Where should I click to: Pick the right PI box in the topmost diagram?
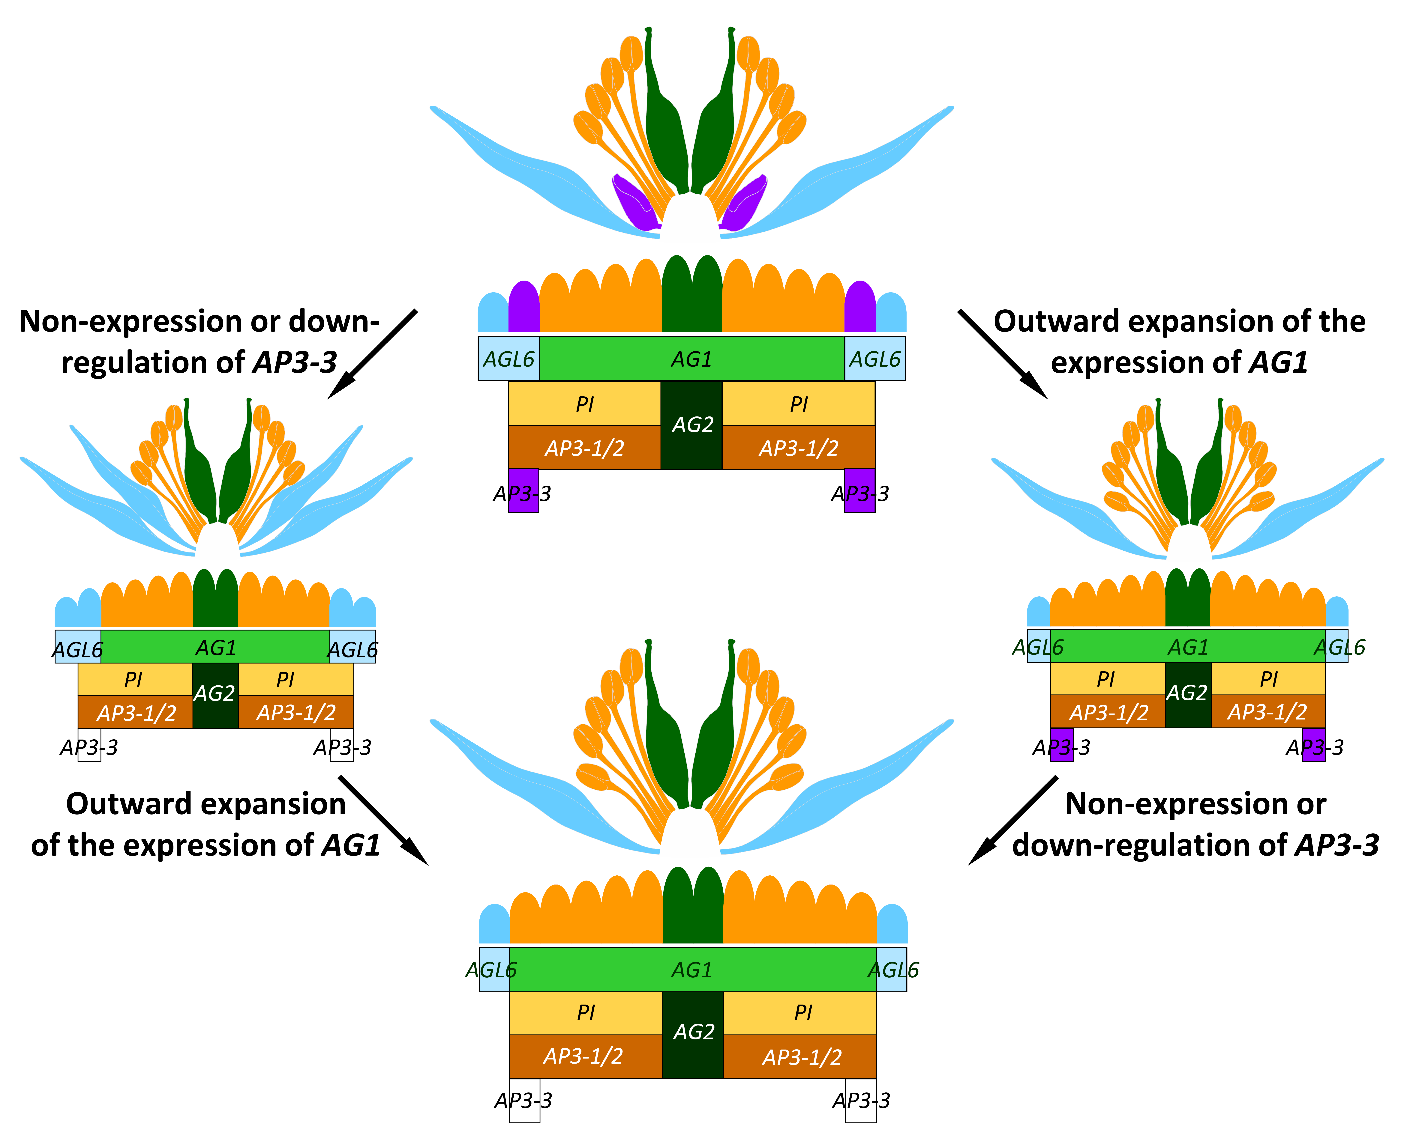pos(798,404)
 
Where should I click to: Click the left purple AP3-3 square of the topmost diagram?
pos(523,490)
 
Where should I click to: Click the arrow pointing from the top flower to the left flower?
pos(372,354)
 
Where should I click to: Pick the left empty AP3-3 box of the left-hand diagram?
pos(89,745)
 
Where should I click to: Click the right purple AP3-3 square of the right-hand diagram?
pos(1313,745)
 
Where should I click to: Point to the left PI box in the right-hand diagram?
pos(1107,678)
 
